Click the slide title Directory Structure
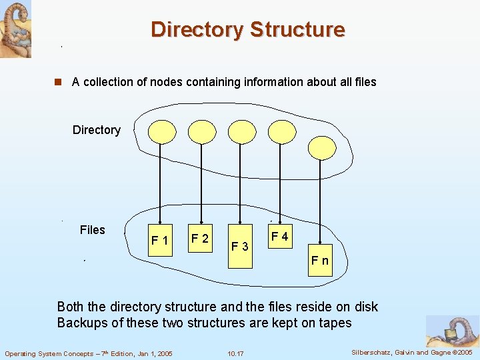pos(247,30)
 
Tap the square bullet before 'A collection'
pos(58,83)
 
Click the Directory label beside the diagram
pos(97,130)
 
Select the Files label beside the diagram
pos(92,230)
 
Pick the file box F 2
pos(200,238)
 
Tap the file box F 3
pos(239,246)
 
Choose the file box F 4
pos(279,237)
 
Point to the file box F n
pos(320,260)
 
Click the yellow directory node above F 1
pos(161,131)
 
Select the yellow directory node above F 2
pos(201,131)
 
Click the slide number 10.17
pos(235,353)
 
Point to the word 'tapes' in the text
pos(335,323)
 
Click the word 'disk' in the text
pos(365,307)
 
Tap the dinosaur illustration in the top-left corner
pos(15,29)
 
